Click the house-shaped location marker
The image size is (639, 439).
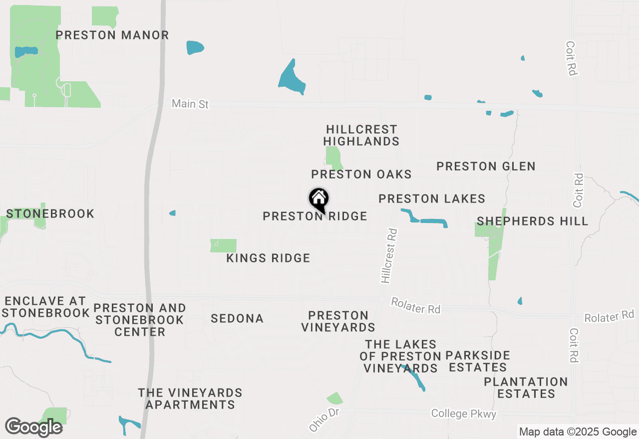pos(319,200)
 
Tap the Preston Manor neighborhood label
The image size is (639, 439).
pos(112,35)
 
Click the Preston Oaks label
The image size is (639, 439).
pos(361,174)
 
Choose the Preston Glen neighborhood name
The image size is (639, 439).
pos(486,166)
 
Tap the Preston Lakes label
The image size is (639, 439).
pos(432,199)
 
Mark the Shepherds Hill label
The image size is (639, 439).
pos(533,221)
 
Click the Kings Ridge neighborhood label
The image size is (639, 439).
pos(268,258)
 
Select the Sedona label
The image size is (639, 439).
pos(237,318)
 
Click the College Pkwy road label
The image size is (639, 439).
pos(464,414)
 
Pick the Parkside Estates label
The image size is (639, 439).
pos(478,362)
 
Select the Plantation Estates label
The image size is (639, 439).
pos(526,388)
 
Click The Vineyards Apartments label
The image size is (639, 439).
pos(190,399)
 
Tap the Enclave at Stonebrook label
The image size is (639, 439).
pos(45,307)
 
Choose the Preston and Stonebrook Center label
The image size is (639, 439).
pos(140,320)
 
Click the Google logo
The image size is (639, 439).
pos(34,427)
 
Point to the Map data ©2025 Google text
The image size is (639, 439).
pos(578,432)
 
